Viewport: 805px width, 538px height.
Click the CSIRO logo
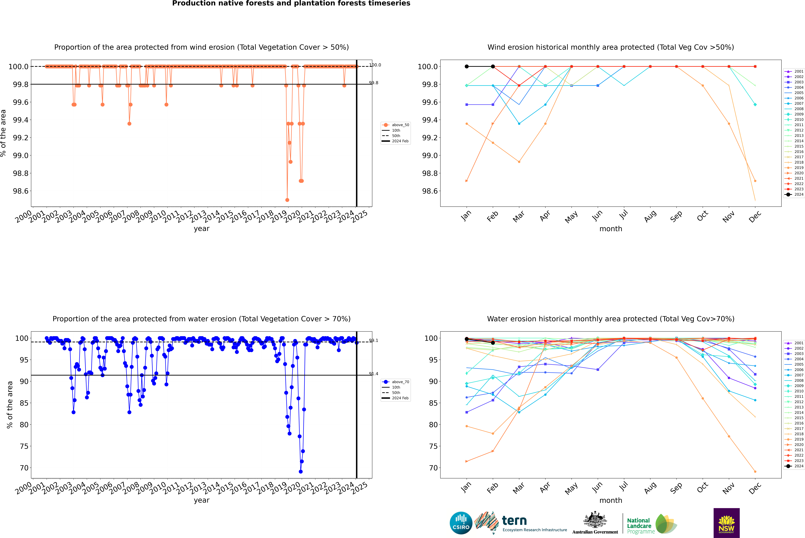[x=461, y=523]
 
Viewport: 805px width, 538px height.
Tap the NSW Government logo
[x=726, y=523]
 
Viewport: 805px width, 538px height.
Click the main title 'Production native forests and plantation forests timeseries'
[x=291, y=3]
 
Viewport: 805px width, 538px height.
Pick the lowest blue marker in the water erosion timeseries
[x=301, y=471]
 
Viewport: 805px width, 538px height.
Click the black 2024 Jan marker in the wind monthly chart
[x=467, y=67]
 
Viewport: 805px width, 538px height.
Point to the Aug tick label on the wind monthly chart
[x=650, y=216]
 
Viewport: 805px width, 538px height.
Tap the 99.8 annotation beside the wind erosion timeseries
[x=374, y=83]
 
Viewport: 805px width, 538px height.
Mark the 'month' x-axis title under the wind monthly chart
[x=611, y=229]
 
